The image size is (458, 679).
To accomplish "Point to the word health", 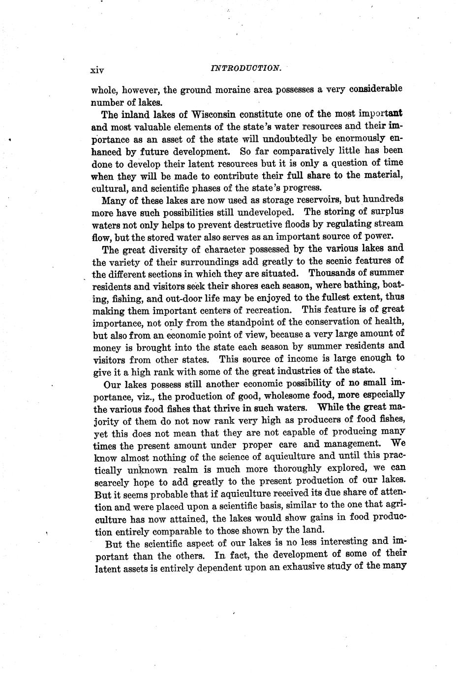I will click(x=389, y=321).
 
